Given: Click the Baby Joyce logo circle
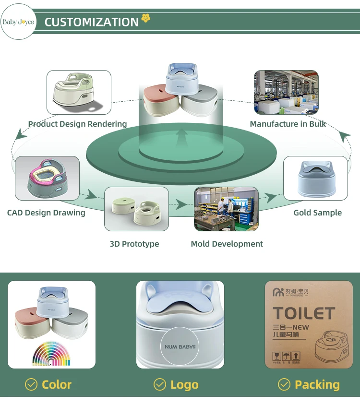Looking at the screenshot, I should point(18,22).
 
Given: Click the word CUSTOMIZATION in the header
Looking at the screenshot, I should point(91,22).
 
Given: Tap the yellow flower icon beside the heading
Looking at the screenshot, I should point(146,19).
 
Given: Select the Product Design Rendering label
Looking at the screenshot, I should point(77,124).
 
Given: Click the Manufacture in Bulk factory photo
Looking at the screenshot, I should point(286,92).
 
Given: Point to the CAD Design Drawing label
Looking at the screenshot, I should point(46,213).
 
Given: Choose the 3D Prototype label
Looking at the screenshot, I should point(134,244).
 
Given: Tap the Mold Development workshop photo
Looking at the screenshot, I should point(226,209).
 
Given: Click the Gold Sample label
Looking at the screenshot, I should point(318,213).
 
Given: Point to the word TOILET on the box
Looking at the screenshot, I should point(304,313).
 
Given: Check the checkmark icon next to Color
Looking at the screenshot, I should point(31,384).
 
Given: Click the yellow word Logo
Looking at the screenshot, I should point(184,385).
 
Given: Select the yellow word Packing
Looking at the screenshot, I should point(317,384).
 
